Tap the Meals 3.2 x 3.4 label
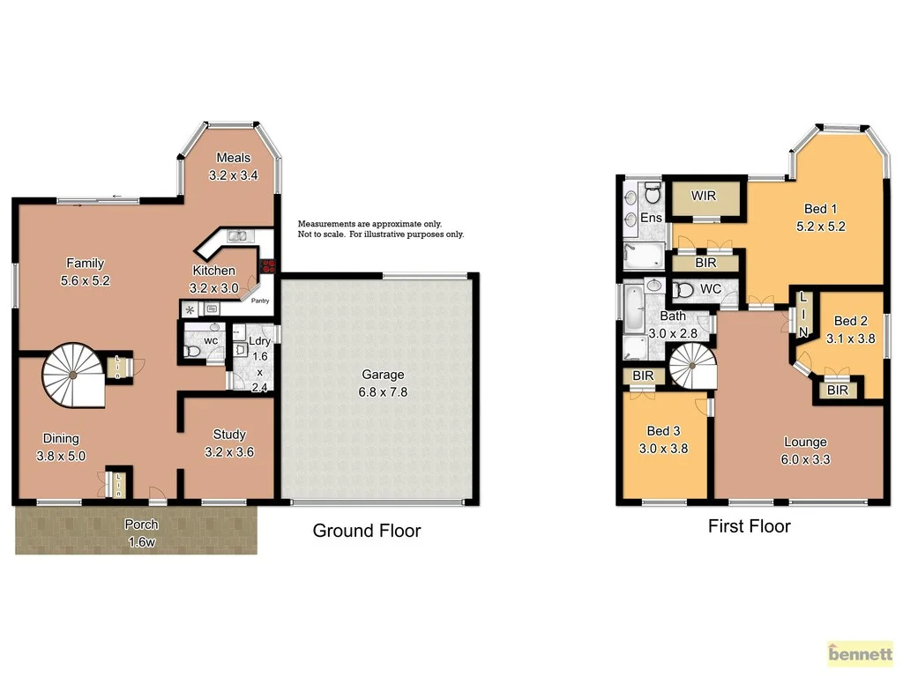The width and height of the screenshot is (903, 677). (233, 167)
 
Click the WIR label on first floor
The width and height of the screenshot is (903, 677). (703, 195)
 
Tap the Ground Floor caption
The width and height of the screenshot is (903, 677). (367, 531)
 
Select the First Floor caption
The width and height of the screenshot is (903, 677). (749, 526)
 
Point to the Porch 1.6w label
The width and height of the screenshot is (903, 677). (140, 533)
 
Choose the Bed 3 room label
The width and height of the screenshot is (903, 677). (663, 439)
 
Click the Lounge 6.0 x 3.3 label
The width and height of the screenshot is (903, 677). (805, 450)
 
